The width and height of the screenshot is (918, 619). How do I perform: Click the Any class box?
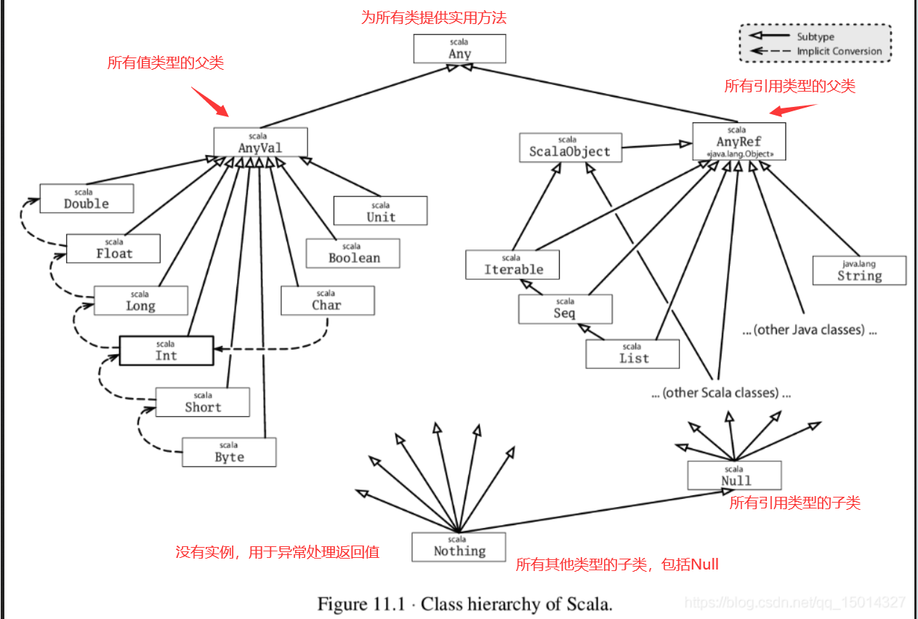[x=459, y=49]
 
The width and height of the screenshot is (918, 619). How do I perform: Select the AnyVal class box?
[x=260, y=142]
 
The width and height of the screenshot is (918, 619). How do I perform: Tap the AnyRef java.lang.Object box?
[x=738, y=141]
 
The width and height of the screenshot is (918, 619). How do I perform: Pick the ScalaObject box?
[x=570, y=148]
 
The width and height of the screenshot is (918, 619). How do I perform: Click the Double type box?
[x=86, y=198]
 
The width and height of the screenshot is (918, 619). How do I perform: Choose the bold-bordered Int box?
[x=166, y=350]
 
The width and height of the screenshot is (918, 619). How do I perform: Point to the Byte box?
[x=229, y=452]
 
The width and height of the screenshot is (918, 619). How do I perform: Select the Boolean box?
[x=353, y=252]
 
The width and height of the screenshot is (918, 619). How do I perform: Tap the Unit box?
[x=380, y=211]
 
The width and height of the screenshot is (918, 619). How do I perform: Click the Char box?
[x=327, y=300]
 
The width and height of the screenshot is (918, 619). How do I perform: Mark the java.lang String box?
[x=859, y=271]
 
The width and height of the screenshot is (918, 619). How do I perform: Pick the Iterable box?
[x=512, y=265]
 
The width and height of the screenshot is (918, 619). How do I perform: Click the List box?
[x=632, y=354]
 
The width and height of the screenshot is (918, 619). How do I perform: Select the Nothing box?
[x=459, y=546]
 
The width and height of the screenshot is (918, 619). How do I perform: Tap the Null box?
[x=734, y=476]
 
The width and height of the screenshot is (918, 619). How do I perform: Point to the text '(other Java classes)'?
[x=809, y=330]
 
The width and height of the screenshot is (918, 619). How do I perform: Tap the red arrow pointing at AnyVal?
[x=209, y=102]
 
